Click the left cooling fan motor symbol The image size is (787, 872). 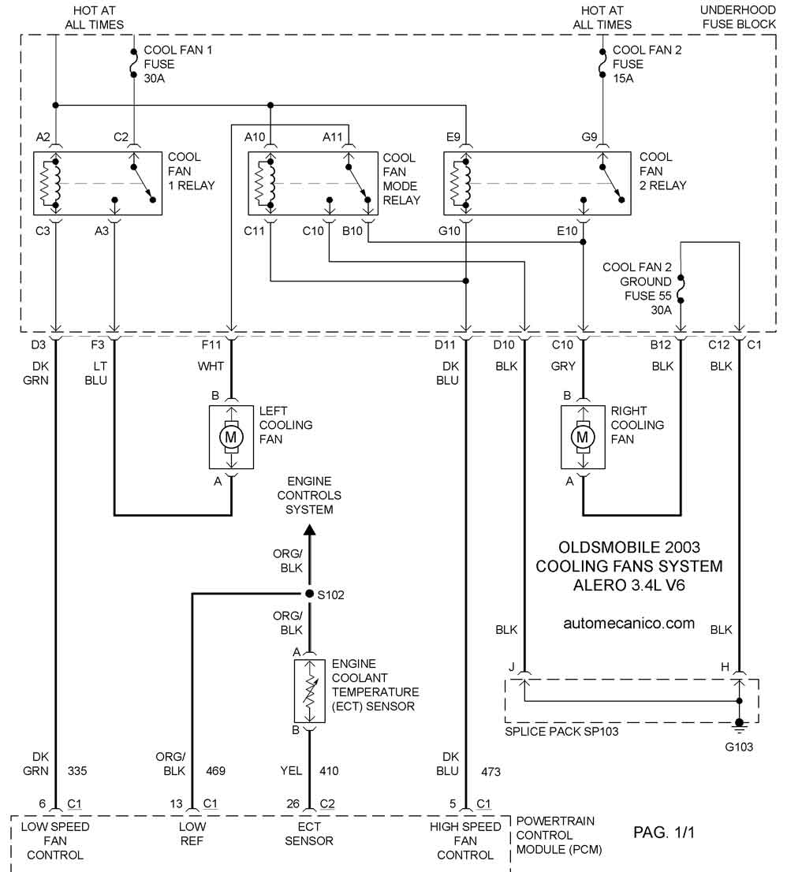tap(231, 437)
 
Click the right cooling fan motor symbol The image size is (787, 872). tap(583, 437)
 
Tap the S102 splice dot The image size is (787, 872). tap(309, 594)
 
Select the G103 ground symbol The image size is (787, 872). tap(739, 725)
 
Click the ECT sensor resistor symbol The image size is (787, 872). tap(310, 691)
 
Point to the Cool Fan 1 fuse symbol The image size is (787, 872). tap(133, 63)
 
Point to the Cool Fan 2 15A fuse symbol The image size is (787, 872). tap(602, 63)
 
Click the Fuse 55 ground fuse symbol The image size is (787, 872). tap(681, 289)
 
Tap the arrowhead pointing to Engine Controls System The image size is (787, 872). tap(309, 529)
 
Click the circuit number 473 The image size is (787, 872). tap(490, 772)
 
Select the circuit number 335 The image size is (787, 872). tap(77, 771)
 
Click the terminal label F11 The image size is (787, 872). tap(211, 345)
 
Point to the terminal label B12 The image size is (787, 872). tap(661, 345)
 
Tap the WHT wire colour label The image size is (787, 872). tap(211, 366)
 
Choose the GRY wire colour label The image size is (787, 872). tap(563, 366)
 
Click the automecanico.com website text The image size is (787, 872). tap(629, 624)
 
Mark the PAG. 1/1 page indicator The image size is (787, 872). tap(664, 832)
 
